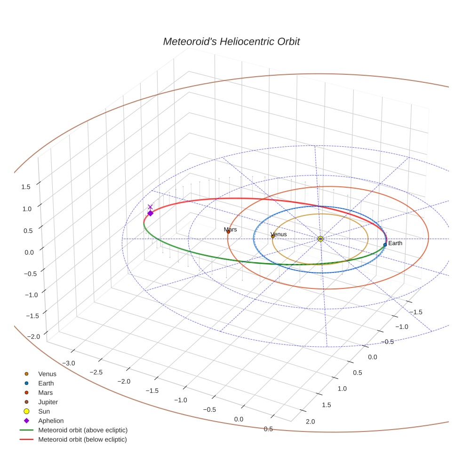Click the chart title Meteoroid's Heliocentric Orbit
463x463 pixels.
click(231, 42)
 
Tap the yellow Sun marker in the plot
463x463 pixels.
click(320, 239)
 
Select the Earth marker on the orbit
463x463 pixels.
click(385, 245)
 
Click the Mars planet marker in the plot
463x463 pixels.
click(228, 231)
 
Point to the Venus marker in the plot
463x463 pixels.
click(273, 236)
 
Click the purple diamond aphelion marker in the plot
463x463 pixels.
click(150, 213)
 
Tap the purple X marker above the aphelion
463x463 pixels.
click(150, 207)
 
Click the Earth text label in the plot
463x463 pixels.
click(395, 243)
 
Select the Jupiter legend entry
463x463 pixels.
click(48, 402)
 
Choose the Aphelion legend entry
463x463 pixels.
click(50, 421)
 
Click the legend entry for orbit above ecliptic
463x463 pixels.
click(82, 430)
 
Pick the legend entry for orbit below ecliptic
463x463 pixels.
click(82, 439)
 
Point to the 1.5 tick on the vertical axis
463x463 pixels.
click(26, 186)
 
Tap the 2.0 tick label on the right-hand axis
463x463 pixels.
click(311, 421)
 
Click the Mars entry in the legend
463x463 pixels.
click(45, 392)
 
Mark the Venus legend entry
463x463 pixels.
click(47, 374)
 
